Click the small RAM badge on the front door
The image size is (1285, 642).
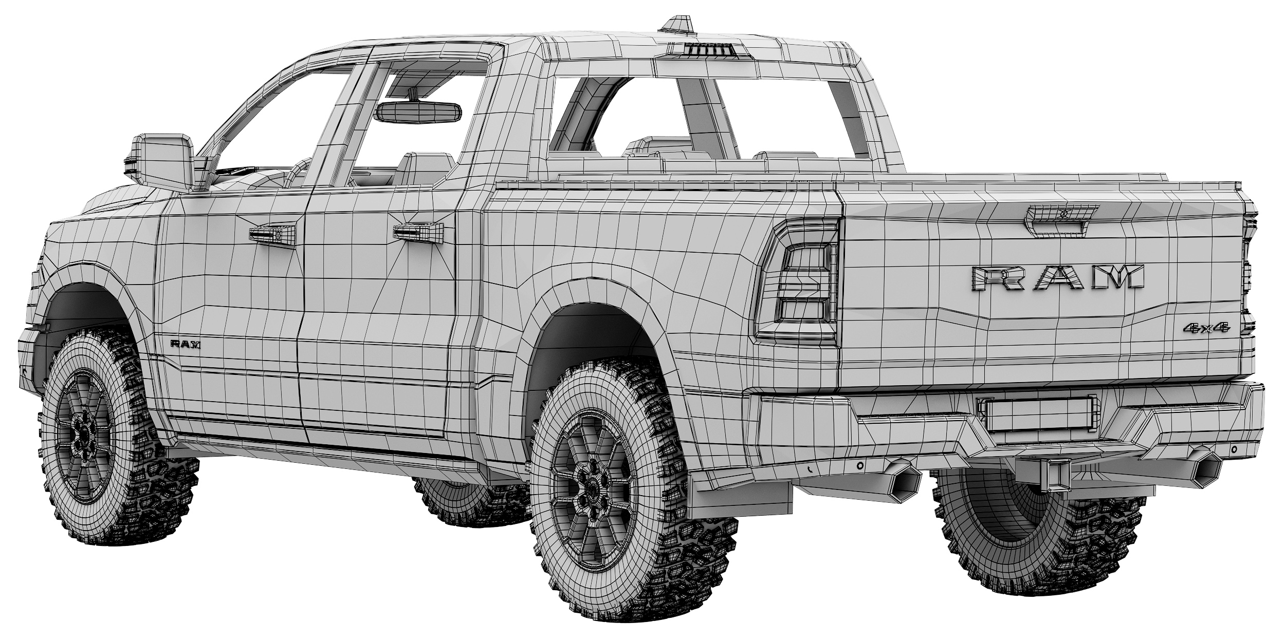pos(186,345)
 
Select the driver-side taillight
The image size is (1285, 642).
pos(798,281)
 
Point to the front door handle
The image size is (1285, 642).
pos(273,234)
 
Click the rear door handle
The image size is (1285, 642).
pos(417,232)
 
